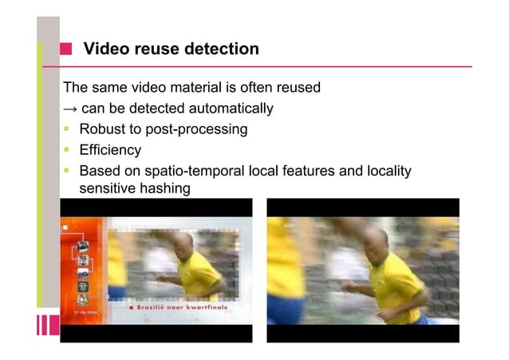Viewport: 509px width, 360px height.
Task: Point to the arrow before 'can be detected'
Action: click(70, 109)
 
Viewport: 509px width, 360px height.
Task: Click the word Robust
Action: click(104, 129)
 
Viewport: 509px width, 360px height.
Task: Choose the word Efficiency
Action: click(110, 150)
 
